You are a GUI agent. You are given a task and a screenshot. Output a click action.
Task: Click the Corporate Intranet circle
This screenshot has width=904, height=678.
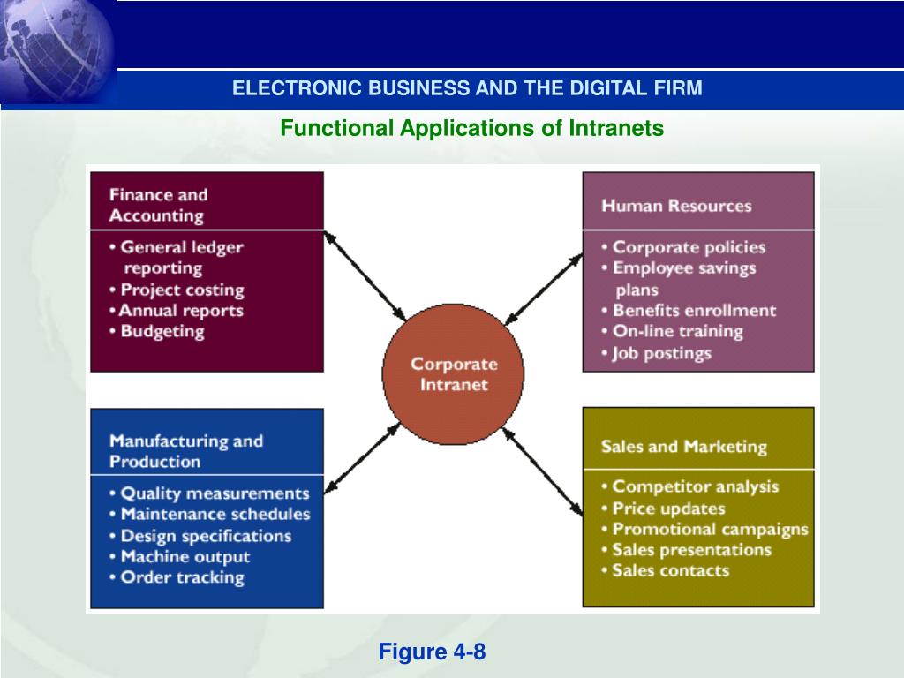pyautogui.click(x=453, y=373)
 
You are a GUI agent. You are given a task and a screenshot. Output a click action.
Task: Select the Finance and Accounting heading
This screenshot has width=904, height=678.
pyautogui.click(x=159, y=205)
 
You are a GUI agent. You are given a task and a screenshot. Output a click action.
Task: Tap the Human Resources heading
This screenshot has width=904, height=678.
pyautogui.click(x=676, y=206)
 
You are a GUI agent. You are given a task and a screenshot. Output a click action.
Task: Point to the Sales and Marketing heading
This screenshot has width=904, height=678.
pyautogui.click(x=684, y=446)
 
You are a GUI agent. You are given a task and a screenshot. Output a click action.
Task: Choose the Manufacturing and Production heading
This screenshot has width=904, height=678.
pyautogui.click(x=186, y=450)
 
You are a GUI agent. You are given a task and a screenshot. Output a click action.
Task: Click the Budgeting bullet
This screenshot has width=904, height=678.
pyautogui.click(x=159, y=332)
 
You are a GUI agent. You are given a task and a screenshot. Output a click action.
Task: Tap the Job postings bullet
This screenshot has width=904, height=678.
pyautogui.click(x=658, y=353)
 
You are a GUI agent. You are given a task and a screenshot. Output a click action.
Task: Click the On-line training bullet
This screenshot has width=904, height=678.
pyautogui.click(x=674, y=332)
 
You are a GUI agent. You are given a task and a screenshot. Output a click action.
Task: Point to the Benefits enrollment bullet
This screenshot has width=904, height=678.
pyautogui.click(x=689, y=311)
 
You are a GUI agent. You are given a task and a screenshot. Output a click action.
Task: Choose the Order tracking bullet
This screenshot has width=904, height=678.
pyautogui.click(x=179, y=577)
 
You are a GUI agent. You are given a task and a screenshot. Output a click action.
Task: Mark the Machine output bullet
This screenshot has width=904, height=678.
pyautogui.click(x=182, y=557)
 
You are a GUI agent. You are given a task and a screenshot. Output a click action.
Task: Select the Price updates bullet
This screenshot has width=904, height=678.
pyautogui.click(x=665, y=508)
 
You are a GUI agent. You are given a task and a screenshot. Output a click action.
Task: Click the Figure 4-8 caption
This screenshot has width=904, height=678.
pyautogui.click(x=433, y=652)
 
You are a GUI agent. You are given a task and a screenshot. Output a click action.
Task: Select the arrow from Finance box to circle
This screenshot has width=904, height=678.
pyautogui.click(x=365, y=275)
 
